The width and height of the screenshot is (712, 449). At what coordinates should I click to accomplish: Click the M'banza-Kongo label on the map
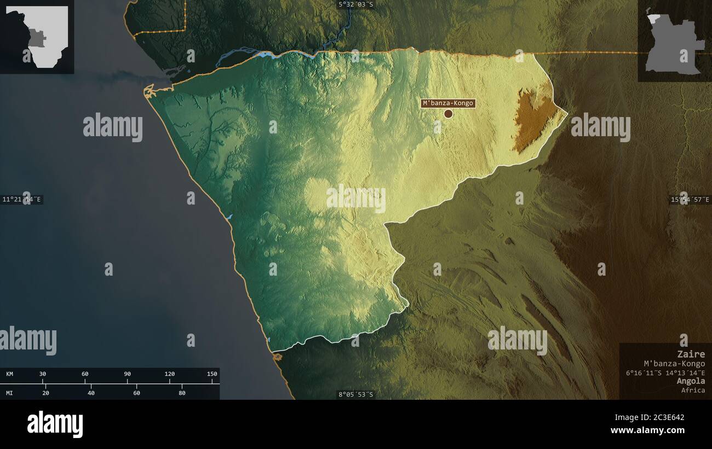pyautogui.click(x=447, y=103)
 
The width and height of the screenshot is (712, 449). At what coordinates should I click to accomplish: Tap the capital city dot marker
pyautogui.click(x=448, y=114)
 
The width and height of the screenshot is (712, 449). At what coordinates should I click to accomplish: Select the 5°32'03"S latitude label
pyautogui.click(x=355, y=4)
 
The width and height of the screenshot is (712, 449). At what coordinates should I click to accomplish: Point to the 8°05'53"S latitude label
pyautogui.click(x=355, y=394)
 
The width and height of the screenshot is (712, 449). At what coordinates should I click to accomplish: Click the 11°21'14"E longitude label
pyautogui.click(x=22, y=200)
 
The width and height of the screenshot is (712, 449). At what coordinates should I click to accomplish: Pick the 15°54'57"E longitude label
pyautogui.click(x=690, y=200)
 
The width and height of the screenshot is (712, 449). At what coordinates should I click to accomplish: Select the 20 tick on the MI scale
pyautogui.click(x=45, y=393)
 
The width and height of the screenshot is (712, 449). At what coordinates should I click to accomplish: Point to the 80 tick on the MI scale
pyautogui.click(x=182, y=393)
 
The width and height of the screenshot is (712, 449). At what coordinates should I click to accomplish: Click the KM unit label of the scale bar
pyautogui.click(x=9, y=374)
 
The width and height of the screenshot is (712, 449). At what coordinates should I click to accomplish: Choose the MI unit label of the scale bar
pyautogui.click(x=9, y=393)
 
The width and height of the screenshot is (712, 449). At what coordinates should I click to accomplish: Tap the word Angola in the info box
pyautogui.click(x=691, y=381)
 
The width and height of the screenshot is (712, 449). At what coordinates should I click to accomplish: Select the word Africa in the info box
pyautogui.click(x=693, y=390)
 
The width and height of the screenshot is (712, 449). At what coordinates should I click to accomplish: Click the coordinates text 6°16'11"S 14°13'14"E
pyautogui.click(x=666, y=372)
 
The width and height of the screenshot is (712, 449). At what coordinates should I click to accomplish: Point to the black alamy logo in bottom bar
pyautogui.click(x=55, y=424)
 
